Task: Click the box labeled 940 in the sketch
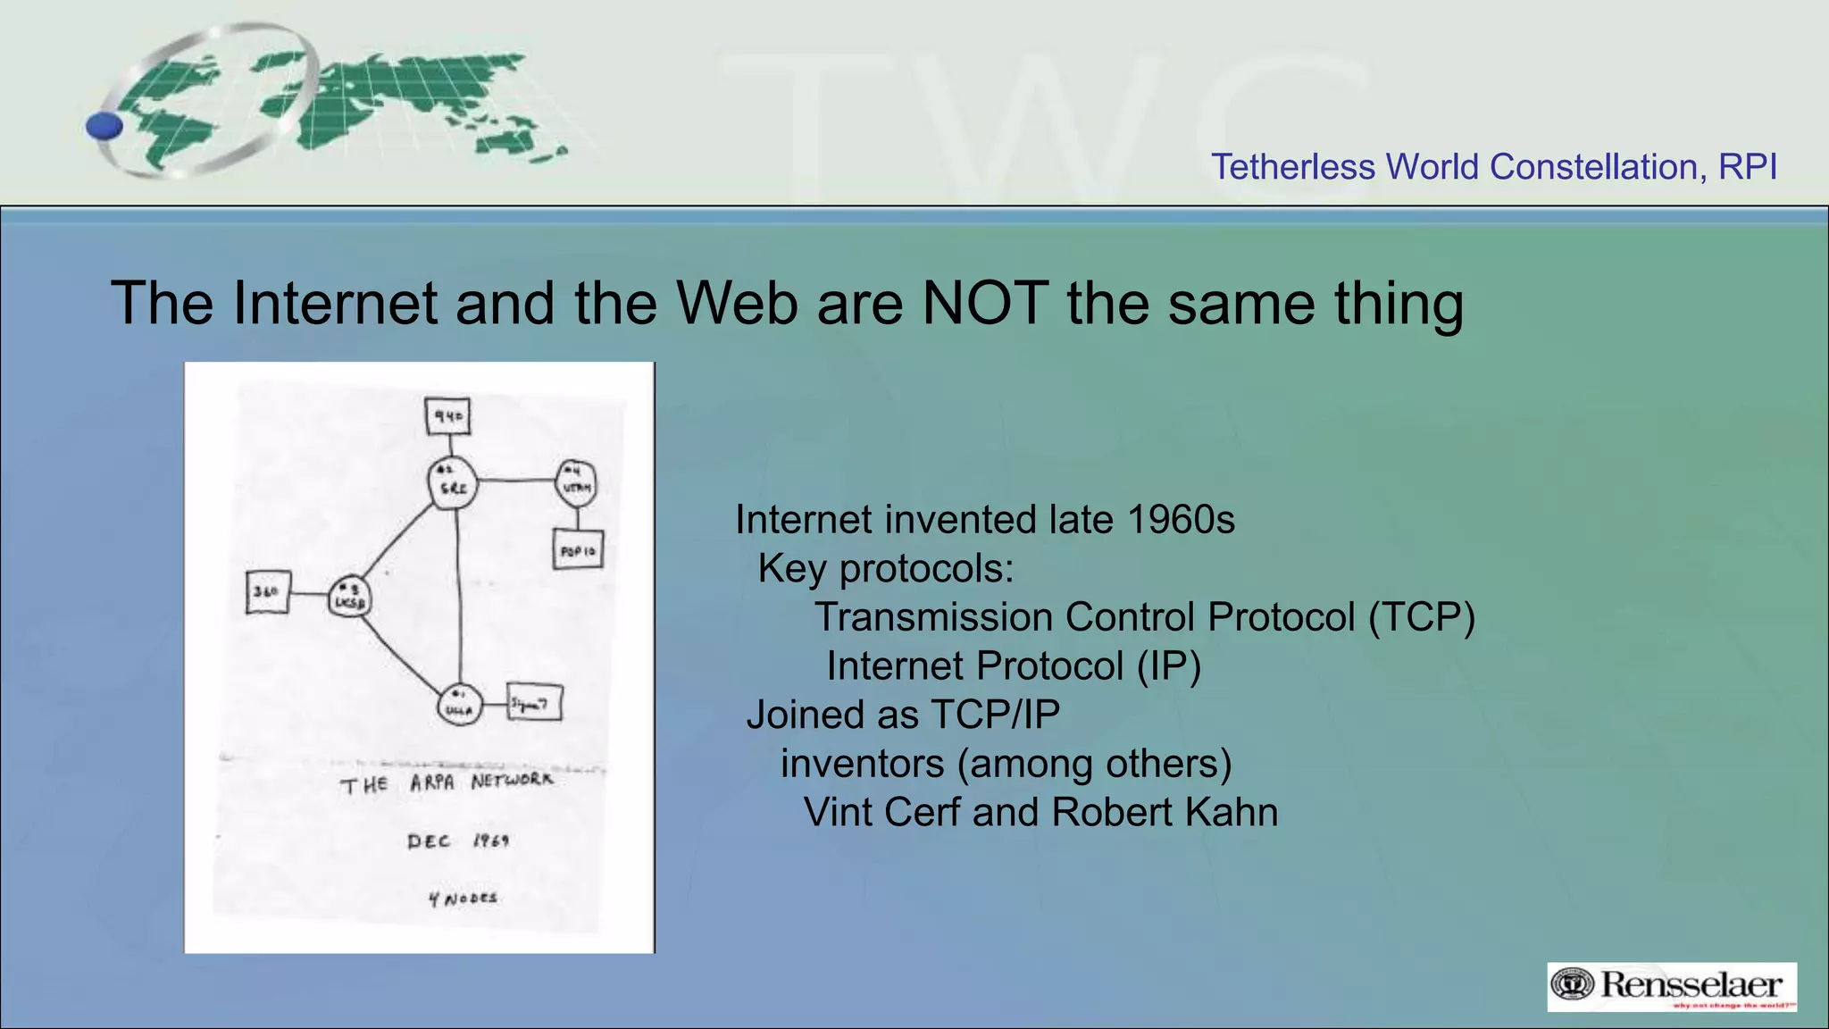pos(448,416)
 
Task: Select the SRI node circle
pos(452,484)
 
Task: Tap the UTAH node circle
pos(576,483)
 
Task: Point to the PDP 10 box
pos(578,550)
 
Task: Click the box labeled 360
pos(268,592)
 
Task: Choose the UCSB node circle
pos(349,598)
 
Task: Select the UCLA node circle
pos(460,706)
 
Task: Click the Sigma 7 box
pos(534,704)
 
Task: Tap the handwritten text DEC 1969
pos(458,841)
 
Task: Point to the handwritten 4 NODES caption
pos(463,899)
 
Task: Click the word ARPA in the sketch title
pos(432,783)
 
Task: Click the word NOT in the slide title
pos(985,304)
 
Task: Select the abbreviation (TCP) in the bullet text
pos(1422,617)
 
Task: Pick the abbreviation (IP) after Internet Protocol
pos(1169,666)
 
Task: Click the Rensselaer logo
pos(1671,986)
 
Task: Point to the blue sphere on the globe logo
pos(104,126)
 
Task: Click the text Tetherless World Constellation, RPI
pos(1493,167)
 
